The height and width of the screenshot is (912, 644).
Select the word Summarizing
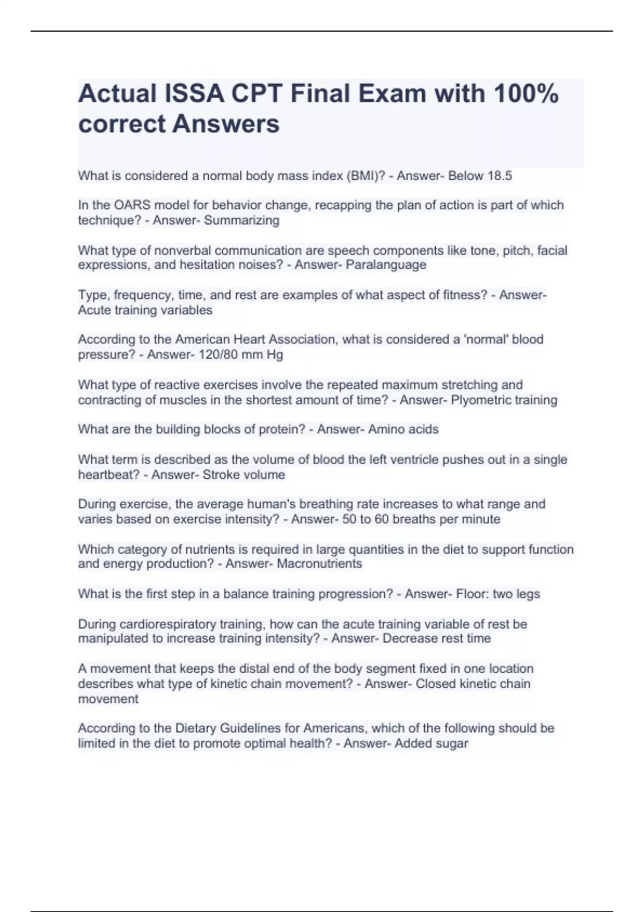click(x=241, y=220)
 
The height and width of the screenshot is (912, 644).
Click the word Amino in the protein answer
click(x=385, y=430)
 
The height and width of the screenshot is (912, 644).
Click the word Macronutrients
click(x=319, y=564)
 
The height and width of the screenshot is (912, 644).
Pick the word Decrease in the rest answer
click(x=410, y=639)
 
